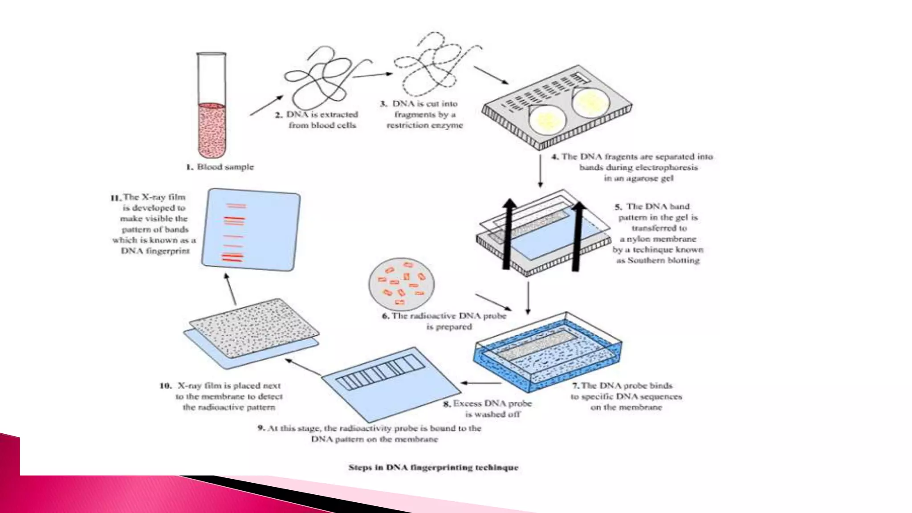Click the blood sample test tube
pos(212,107)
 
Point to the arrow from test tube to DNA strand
pos(266,106)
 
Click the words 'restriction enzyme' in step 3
pos(425,126)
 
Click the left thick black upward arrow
pos(508,234)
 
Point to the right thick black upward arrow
pos(577,236)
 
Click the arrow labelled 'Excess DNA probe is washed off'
pos(481,383)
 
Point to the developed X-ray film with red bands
pos(251,229)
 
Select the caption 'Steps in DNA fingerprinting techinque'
pos(433,468)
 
